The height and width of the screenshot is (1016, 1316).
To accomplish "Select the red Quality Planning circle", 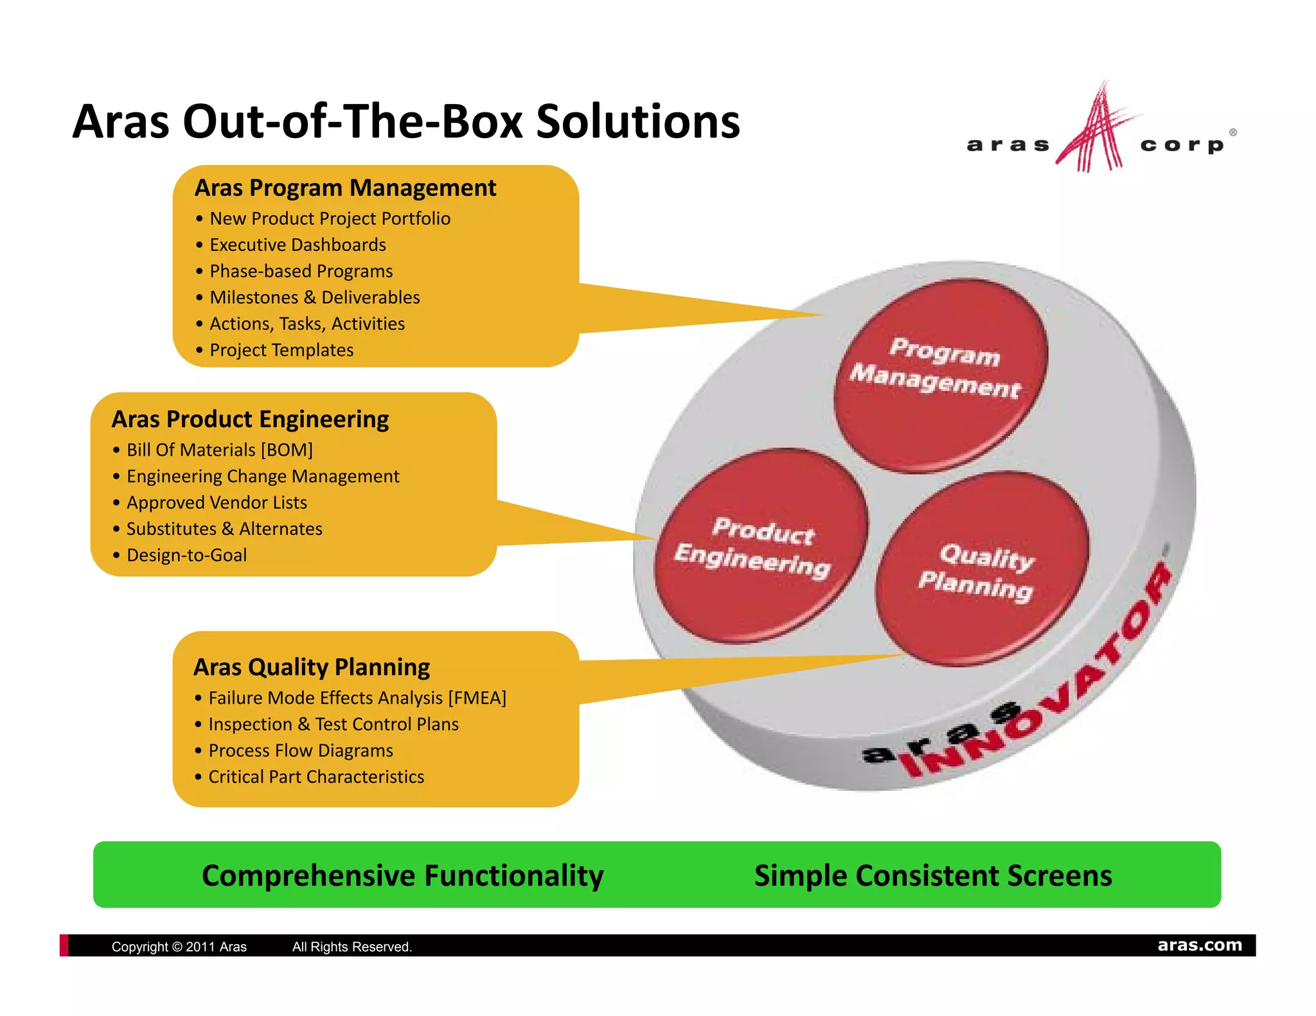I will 982,568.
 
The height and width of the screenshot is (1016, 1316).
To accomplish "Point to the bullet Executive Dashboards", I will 298,245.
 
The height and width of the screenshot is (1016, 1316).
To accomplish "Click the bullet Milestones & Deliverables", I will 314,297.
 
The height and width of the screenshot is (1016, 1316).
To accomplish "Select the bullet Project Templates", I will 281,350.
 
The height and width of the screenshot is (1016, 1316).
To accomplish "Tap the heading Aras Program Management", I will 345,188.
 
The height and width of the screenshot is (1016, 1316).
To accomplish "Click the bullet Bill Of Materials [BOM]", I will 219,450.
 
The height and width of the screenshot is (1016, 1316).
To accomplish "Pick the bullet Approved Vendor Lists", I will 217,502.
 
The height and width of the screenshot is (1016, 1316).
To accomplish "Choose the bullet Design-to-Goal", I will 186,555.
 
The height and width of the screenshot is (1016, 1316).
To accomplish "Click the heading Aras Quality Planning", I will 312,667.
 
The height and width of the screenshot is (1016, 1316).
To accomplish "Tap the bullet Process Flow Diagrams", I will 300,750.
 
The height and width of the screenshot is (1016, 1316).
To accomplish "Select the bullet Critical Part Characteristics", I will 316,776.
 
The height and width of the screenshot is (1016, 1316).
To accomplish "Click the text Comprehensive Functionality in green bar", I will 402,875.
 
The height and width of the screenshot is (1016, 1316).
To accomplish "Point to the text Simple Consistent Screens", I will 932,875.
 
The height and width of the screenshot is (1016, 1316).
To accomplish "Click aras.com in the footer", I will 1199,945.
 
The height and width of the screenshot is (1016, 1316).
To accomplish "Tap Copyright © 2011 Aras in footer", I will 179,947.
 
